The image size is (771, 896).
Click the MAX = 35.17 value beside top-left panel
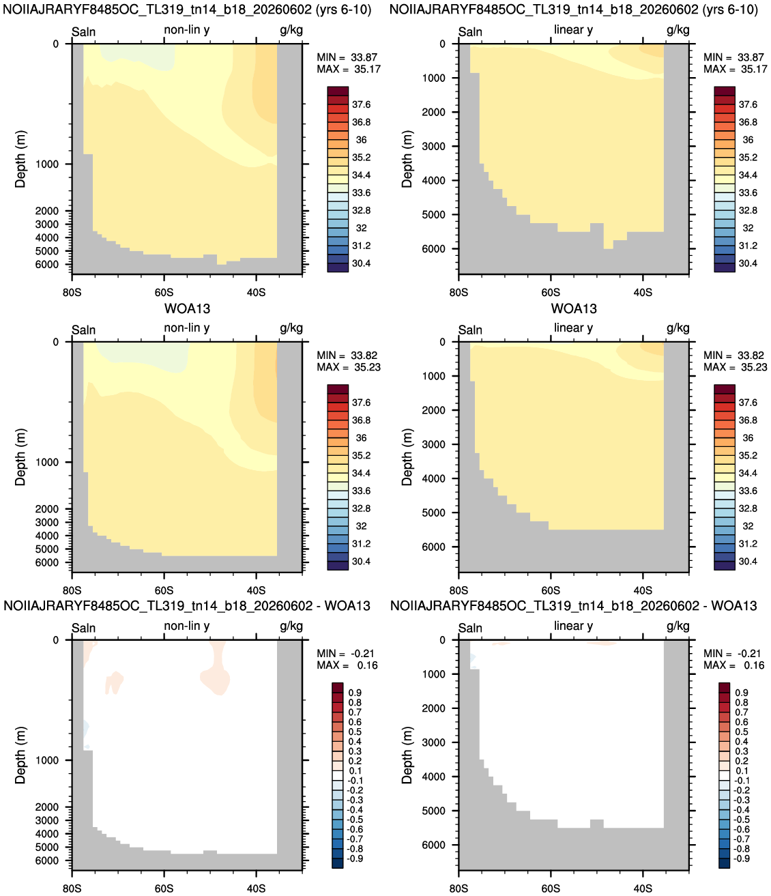(349, 69)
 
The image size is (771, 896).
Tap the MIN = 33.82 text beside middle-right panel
(735, 355)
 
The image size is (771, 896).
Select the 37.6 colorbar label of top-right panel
(748, 104)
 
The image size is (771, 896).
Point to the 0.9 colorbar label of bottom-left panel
(355, 692)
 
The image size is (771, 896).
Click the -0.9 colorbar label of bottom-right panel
(741, 858)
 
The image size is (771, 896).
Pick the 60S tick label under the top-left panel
(164, 292)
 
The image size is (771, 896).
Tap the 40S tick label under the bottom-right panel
(643, 888)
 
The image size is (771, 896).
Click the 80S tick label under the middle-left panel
(72, 590)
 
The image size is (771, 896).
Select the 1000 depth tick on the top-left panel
(47, 164)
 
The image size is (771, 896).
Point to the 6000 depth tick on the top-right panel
(434, 249)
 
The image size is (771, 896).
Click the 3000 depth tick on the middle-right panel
(434, 444)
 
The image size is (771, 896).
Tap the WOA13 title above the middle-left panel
(187, 308)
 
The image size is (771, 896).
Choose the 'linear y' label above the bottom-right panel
(573, 626)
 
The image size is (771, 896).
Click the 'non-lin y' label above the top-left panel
(187, 30)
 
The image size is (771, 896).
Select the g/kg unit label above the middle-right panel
(678, 328)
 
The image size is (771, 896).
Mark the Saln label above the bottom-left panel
(84, 628)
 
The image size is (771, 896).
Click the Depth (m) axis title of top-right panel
(407, 159)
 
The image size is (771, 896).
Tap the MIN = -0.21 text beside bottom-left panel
(345, 653)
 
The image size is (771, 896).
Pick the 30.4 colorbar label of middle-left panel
(361, 562)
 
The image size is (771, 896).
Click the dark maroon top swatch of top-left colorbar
(338, 91)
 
